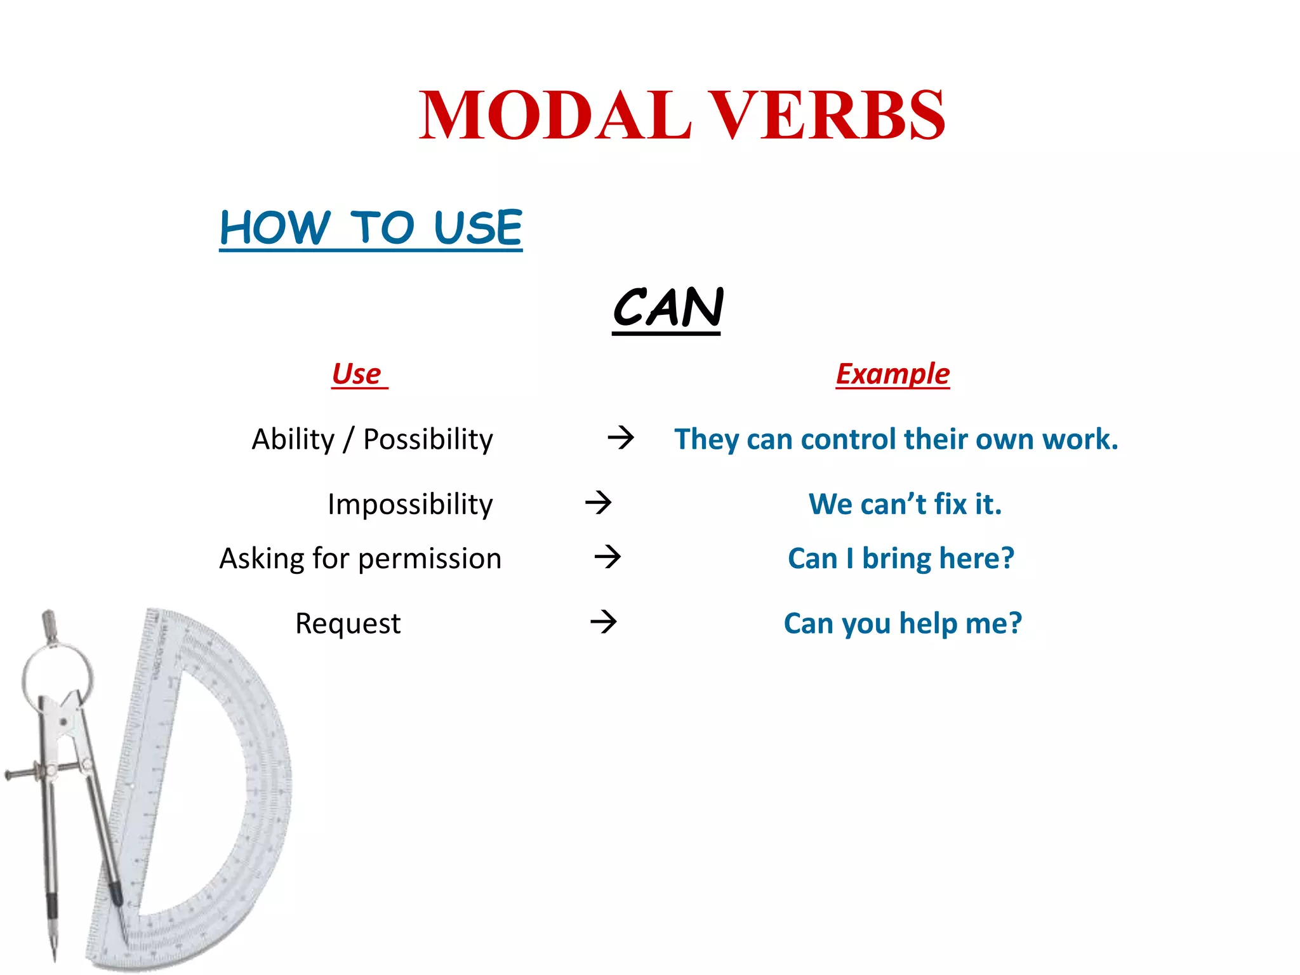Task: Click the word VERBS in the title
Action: [x=826, y=116]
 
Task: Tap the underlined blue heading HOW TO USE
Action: [x=371, y=228]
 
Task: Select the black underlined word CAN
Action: [x=668, y=308]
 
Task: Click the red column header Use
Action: [x=357, y=374]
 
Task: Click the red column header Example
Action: [x=892, y=374]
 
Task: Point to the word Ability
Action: [x=293, y=439]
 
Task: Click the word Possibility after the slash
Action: [x=428, y=439]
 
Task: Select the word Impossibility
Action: [x=410, y=505]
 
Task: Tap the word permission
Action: [x=430, y=559]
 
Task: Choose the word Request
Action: [x=348, y=623]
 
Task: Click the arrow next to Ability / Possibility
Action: [x=620, y=437]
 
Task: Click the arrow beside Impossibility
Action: [x=598, y=503]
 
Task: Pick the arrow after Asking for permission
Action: [x=607, y=557]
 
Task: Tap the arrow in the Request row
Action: [x=603, y=621]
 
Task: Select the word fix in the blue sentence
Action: [x=950, y=505]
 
